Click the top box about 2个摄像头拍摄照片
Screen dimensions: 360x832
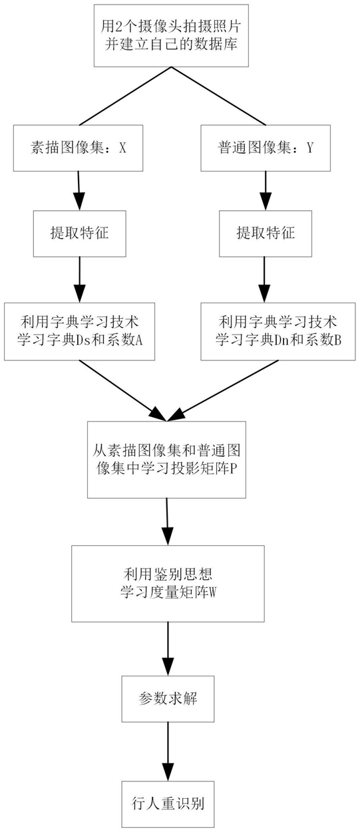(171, 36)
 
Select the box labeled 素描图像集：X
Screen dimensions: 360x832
(78, 148)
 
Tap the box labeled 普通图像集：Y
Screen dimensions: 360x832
(266, 148)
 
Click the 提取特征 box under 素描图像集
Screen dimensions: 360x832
(79, 233)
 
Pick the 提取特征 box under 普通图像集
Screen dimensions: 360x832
(266, 233)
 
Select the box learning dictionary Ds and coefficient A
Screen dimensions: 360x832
(79, 331)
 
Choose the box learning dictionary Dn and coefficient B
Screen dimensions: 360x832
(278, 331)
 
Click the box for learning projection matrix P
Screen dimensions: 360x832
(166, 460)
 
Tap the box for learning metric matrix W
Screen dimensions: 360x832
(168, 583)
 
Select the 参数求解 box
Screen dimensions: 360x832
(168, 699)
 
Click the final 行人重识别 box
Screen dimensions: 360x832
(168, 804)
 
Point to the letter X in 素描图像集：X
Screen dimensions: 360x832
(122, 148)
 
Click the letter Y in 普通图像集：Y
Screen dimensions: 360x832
(310, 148)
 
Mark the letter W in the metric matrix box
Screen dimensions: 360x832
(212, 593)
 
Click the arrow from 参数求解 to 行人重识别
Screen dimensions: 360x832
(168, 752)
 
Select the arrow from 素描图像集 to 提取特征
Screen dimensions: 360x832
(79, 191)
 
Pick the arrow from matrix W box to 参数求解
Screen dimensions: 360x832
(168, 649)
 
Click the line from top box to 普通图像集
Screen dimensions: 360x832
(218, 96)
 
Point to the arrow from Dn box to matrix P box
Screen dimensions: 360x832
(223, 391)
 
